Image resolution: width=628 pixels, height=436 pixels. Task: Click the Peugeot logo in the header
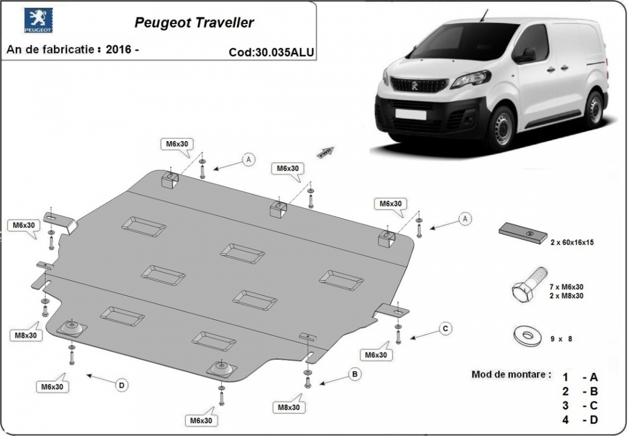38,21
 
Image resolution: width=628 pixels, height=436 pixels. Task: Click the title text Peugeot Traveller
194,23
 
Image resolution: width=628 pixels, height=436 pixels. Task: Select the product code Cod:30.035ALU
271,52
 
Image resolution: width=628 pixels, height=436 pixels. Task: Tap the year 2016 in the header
119,49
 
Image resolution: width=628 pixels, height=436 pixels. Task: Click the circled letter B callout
355,374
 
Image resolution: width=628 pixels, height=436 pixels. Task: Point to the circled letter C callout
445,328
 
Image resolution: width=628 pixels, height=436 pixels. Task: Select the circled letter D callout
122,385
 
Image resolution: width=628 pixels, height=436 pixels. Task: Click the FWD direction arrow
325,152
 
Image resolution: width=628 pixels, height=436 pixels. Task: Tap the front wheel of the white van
500,129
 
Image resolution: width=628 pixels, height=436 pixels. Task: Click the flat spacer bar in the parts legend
523,233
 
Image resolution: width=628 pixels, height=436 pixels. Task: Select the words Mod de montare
511,375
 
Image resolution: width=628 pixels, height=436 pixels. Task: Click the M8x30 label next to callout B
288,407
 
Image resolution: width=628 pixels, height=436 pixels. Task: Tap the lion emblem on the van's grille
415,85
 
